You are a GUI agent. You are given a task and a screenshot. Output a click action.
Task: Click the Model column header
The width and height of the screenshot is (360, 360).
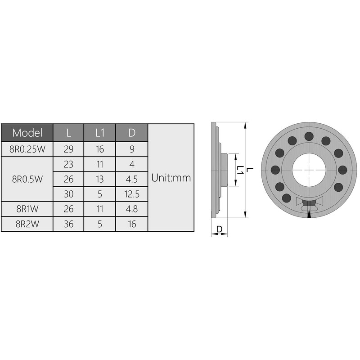[x=27, y=133]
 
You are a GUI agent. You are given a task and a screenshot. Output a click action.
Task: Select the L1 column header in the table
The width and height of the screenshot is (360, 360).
[x=100, y=133]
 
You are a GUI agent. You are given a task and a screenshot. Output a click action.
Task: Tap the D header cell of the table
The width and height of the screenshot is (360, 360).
[x=132, y=133]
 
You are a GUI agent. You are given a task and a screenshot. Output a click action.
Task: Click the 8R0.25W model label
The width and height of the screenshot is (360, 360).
[x=27, y=149]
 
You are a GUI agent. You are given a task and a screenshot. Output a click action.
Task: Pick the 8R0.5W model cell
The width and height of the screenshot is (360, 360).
[x=27, y=179]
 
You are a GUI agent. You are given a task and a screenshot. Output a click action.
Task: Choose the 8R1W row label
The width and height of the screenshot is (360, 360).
[x=27, y=209]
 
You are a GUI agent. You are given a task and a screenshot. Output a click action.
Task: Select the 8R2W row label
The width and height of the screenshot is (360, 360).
[x=27, y=224]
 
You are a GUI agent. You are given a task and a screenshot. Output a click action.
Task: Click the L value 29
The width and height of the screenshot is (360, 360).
[x=68, y=149]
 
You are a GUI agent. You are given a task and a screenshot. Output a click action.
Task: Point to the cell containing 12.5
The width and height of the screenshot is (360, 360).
[x=132, y=194]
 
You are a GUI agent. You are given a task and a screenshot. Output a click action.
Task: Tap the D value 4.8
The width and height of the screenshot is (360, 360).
[x=132, y=209]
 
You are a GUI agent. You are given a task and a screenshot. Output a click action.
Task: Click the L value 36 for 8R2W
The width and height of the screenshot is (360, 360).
[x=68, y=224]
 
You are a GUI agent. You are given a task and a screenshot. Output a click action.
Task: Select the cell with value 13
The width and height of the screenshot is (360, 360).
[x=100, y=179]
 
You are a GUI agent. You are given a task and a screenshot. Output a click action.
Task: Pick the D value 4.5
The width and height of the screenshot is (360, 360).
[x=132, y=179]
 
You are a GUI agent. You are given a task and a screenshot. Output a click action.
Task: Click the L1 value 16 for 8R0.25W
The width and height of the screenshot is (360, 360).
[x=100, y=149]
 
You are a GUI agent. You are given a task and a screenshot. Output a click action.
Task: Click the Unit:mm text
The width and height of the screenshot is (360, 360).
[x=171, y=178]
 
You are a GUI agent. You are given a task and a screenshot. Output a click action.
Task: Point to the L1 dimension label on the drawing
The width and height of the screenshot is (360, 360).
[x=241, y=170]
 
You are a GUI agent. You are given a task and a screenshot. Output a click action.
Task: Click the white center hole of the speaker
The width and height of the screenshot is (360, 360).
[x=309, y=170]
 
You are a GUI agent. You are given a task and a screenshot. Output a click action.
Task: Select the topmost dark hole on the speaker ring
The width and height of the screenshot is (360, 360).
[x=309, y=136]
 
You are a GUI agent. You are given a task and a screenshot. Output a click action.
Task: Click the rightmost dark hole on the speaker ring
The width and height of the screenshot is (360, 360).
[x=342, y=170]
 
